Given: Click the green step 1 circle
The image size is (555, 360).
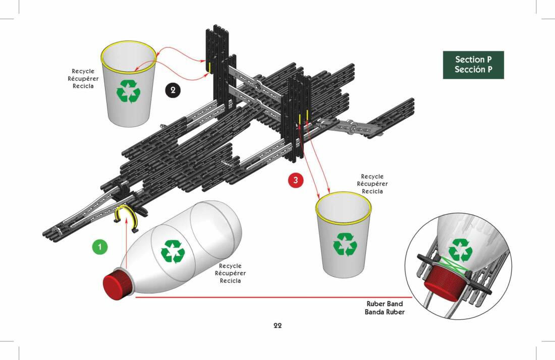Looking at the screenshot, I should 100,247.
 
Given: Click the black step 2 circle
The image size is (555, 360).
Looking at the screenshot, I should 173,90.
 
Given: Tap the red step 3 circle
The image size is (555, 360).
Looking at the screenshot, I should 296,180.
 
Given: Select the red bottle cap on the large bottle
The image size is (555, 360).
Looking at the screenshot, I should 117,285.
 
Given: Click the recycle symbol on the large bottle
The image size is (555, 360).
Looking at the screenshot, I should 173,252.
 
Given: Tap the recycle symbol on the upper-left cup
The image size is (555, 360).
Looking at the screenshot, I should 129,91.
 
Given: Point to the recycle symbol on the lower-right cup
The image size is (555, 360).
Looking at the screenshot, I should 345,244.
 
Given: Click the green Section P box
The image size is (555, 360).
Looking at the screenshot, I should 473,65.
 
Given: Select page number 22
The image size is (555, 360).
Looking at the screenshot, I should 277,326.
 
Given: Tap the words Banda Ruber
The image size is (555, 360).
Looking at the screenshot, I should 385,312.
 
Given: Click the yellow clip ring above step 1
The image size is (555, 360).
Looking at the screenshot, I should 126,217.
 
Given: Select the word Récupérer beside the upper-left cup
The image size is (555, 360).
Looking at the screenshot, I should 83,79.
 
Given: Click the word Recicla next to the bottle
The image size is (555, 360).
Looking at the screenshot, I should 231,281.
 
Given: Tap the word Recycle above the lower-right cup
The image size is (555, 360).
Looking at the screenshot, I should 372,176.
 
